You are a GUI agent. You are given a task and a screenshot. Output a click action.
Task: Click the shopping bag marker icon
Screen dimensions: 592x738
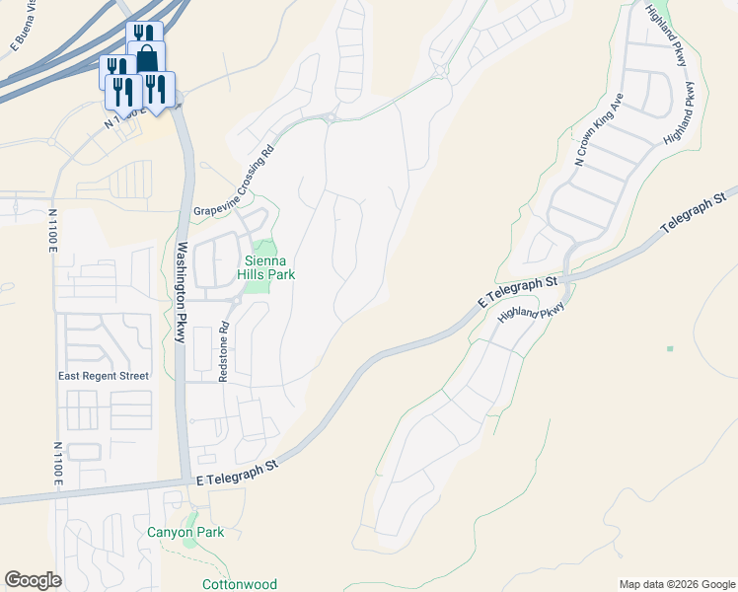[x=147, y=59]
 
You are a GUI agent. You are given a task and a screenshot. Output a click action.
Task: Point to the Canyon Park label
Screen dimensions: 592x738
[x=185, y=533]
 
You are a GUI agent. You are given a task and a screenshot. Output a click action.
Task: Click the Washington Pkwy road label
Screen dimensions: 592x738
[x=181, y=292]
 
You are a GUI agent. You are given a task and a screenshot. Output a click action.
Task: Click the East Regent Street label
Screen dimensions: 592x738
[x=104, y=376]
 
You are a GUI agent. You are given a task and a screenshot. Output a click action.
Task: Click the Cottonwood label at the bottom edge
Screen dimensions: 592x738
[x=240, y=584]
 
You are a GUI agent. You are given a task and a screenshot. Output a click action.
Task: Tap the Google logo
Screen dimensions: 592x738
[x=33, y=580]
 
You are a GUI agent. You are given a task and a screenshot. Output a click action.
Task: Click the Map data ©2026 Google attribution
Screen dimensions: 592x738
[x=676, y=584]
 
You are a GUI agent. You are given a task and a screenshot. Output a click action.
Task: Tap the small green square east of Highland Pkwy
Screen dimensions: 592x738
[x=670, y=348]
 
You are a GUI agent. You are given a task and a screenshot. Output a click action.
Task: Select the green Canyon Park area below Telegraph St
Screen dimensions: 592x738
[x=190, y=518]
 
